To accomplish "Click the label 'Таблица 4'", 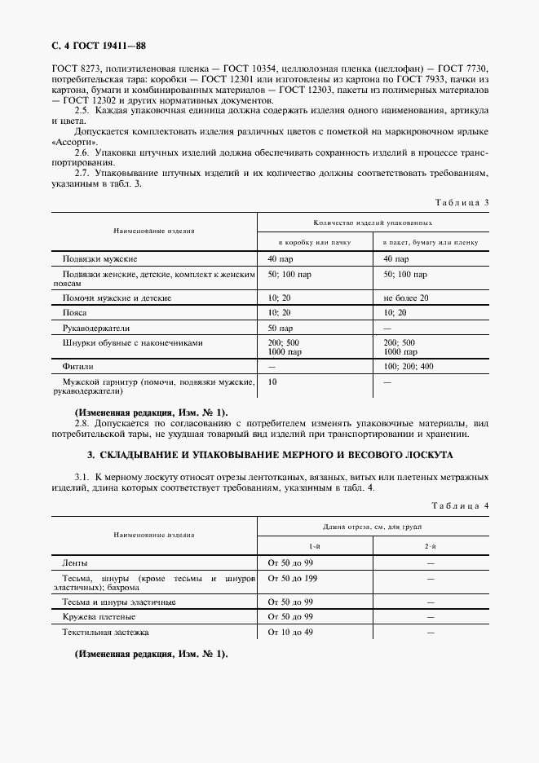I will click(459, 506).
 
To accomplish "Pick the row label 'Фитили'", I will click(78, 367).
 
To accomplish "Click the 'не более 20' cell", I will click(405, 298).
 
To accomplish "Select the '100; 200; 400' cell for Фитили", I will click(409, 367).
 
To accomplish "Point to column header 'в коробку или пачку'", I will click(314, 242).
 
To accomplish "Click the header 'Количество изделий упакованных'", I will click(373, 222).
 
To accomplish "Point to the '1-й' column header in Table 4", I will click(314, 545).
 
